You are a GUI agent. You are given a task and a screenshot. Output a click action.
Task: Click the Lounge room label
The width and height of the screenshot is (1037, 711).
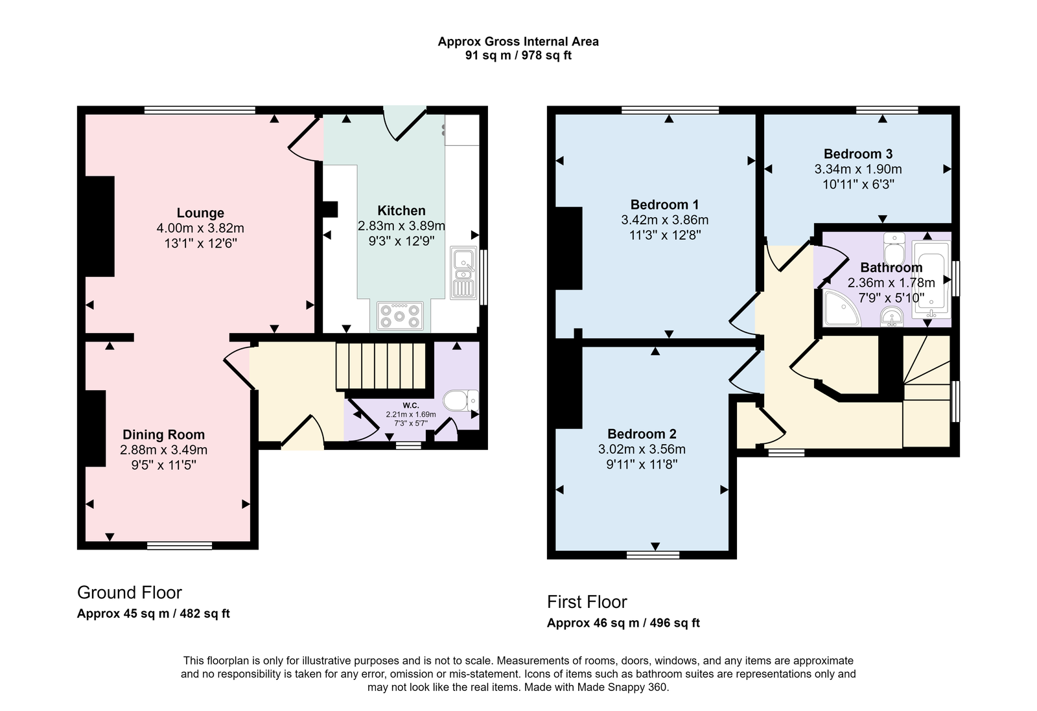click(x=200, y=213)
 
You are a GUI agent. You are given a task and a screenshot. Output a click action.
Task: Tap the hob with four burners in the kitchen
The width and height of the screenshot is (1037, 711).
click(x=399, y=316)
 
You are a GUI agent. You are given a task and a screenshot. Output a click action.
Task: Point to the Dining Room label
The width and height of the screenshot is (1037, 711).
click(x=163, y=435)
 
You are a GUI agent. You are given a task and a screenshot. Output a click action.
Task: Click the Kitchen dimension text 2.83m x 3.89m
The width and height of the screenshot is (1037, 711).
click(x=401, y=226)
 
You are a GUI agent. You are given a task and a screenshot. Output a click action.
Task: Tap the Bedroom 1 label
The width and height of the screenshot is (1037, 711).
click(x=664, y=205)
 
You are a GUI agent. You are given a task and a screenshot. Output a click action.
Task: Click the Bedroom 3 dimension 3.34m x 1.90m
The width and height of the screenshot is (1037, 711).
click(x=857, y=169)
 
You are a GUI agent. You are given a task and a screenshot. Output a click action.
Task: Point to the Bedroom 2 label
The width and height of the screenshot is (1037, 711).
click(x=641, y=434)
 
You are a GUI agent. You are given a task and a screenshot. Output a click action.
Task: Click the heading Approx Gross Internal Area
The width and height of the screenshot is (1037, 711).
click(x=518, y=41)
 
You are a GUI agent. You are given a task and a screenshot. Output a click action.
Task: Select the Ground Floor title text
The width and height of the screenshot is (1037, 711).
click(x=130, y=592)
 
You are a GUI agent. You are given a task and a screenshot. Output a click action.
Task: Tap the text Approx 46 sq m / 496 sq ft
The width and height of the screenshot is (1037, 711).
click(x=623, y=623)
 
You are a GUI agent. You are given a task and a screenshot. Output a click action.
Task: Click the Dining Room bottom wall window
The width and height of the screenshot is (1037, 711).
click(x=180, y=546)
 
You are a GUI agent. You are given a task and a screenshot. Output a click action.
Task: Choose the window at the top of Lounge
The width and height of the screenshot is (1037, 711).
click(x=200, y=110)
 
